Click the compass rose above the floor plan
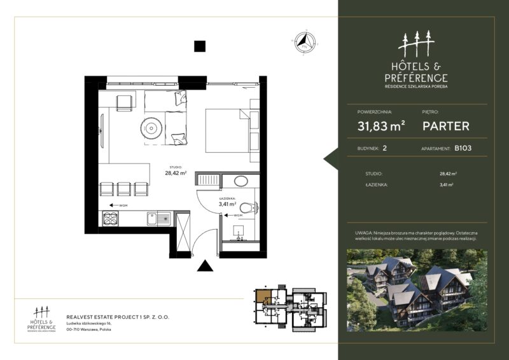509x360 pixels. [x=303, y=43]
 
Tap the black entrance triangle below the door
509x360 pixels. [x=204, y=266]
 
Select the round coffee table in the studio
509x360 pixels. [x=151, y=128]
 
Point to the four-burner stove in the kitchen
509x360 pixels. [x=110, y=219]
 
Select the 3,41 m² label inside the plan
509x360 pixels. [x=228, y=205]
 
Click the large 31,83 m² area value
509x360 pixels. [x=382, y=126]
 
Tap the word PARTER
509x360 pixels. [x=446, y=126]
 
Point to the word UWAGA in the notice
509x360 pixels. [x=364, y=234]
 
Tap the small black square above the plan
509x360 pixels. [x=200, y=46]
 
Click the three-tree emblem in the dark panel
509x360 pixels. [x=416, y=45]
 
